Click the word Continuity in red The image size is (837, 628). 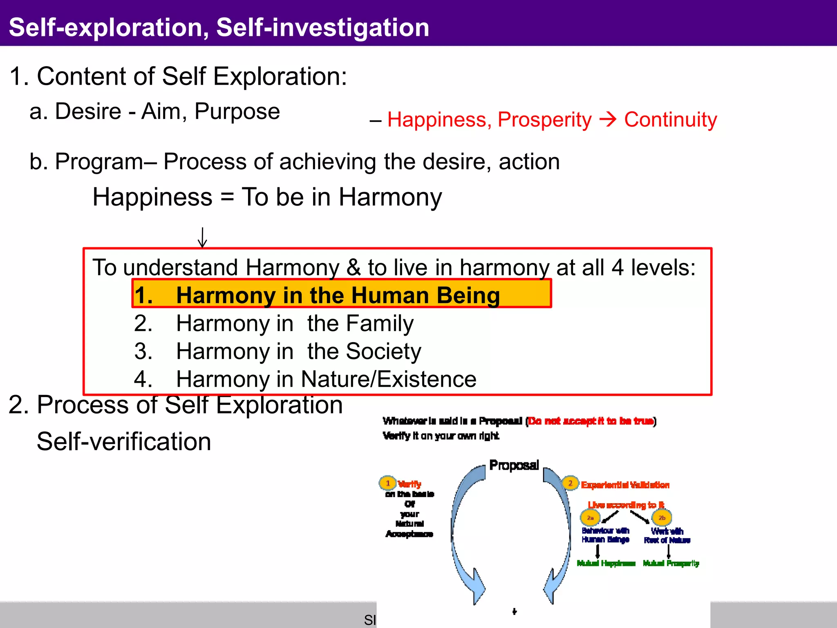(670, 120)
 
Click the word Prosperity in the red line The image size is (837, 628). (544, 120)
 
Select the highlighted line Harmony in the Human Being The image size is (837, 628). (341, 294)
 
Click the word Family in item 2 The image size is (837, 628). (380, 323)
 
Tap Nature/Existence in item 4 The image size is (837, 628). (388, 379)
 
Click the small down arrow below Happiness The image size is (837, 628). (202, 238)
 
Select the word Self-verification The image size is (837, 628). (124, 442)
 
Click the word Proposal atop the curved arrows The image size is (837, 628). (514, 465)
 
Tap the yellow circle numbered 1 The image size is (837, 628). (387, 483)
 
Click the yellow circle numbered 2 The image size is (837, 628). (570, 483)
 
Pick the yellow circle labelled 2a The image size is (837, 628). (590, 518)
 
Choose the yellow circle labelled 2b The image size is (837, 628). (662, 518)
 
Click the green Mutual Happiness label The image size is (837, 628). (606, 563)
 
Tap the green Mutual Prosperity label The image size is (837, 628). (671, 563)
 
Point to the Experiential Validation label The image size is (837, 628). (625, 485)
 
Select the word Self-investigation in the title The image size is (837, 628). (322, 27)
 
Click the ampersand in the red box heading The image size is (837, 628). (354, 267)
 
